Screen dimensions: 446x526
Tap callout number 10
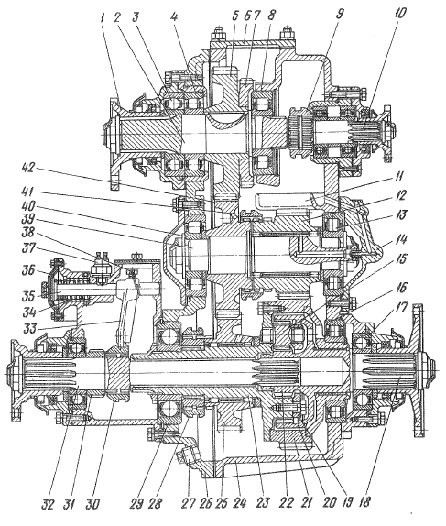399,14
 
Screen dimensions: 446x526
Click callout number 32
48,503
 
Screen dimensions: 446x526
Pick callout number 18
364,502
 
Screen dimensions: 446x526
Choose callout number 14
403,240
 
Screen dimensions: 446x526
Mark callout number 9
339,15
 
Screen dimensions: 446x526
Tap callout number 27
187,503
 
